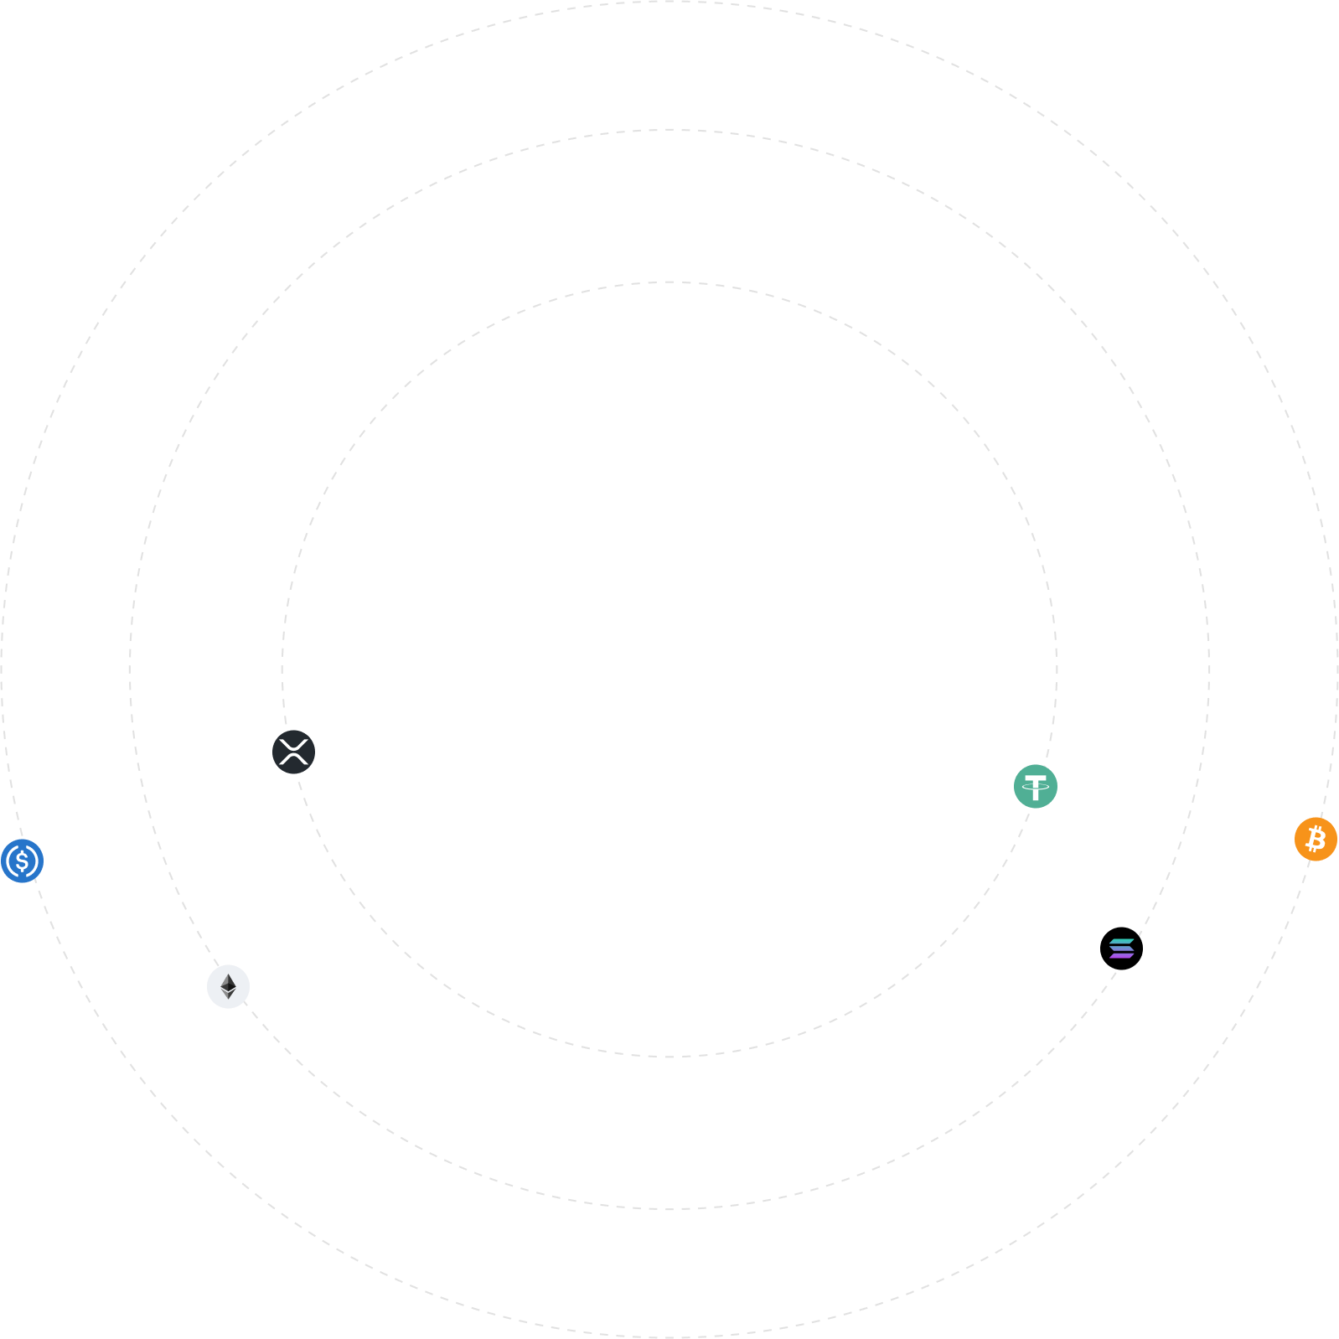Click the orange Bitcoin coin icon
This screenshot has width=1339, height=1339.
pos(1316,839)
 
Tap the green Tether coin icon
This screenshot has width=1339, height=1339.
pos(1036,786)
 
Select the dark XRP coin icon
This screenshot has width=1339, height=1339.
pos(293,752)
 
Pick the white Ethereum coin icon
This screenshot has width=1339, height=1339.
pos(228,986)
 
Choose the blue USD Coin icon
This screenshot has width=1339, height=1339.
pos(22,861)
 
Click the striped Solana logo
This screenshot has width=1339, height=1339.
pos(1121,948)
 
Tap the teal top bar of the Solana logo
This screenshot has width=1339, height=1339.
pos(1122,941)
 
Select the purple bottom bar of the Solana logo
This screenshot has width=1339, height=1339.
pos(1121,955)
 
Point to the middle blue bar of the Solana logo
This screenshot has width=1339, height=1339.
pos(1121,948)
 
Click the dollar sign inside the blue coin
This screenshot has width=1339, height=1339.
pos(22,861)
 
